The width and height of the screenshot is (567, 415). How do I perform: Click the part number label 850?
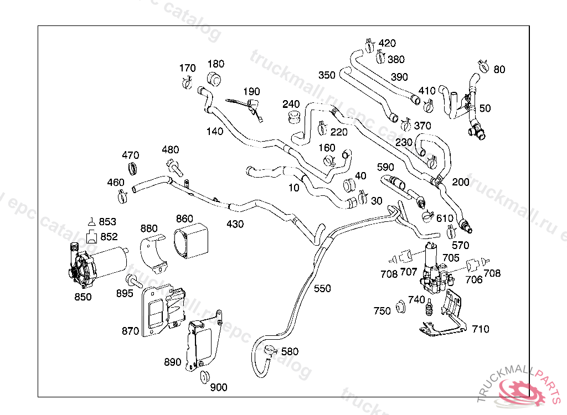pyautogui.click(x=83, y=297)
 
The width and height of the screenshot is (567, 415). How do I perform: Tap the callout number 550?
pyautogui.click(x=322, y=288)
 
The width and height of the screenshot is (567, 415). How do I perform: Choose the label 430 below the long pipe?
pyautogui.click(x=235, y=224)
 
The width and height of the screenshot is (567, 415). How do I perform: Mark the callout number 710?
pyautogui.click(x=480, y=329)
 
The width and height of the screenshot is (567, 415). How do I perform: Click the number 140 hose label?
pyautogui.click(x=214, y=131)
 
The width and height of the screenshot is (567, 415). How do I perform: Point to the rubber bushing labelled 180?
pyautogui.click(x=214, y=79)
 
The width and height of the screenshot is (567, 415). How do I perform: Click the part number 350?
pyautogui.click(x=327, y=75)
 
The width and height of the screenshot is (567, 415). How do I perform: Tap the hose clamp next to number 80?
pyautogui.click(x=481, y=66)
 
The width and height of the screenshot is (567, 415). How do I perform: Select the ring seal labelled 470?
pyautogui.click(x=133, y=168)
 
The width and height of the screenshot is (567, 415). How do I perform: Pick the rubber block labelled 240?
pyautogui.click(x=293, y=117)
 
